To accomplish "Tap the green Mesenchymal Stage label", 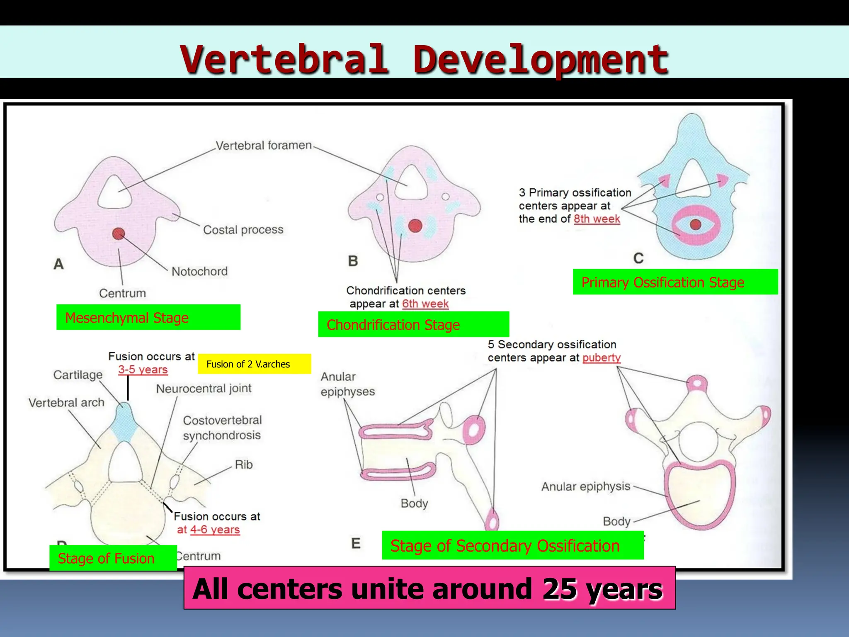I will [x=148, y=318].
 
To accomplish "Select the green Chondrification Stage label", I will [x=413, y=325].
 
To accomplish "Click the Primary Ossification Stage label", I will [x=675, y=282].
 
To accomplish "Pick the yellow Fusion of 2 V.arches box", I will [x=254, y=364].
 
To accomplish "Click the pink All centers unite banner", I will [x=429, y=588].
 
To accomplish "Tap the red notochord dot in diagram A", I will [x=119, y=233].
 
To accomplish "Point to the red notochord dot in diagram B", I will [x=415, y=226].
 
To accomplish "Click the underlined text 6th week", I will [x=425, y=304].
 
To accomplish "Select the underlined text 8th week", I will [x=597, y=219].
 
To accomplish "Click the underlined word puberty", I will [x=602, y=357].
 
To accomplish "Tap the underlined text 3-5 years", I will [x=143, y=370].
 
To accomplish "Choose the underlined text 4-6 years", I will [x=215, y=530].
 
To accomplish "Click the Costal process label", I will [x=243, y=230].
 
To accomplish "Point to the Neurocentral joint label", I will [x=204, y=389].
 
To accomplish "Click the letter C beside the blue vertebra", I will [x=638, y=258].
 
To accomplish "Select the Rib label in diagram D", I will [x=244, y=464].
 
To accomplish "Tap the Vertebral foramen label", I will [x=264, y=146].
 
